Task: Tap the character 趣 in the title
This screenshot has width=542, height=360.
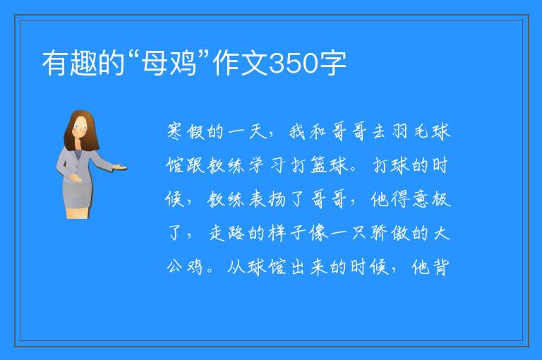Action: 83,63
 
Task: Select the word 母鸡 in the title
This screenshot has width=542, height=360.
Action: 169,63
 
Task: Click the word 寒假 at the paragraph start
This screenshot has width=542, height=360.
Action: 186,131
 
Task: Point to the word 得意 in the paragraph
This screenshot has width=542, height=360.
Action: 410,199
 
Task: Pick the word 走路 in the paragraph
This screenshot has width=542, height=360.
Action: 227,233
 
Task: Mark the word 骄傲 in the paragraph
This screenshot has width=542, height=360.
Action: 390,233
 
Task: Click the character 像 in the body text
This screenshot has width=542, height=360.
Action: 319,233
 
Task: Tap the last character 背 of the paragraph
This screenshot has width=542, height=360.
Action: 440,267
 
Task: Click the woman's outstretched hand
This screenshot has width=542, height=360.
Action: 119,168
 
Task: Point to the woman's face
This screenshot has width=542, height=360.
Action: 80,127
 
